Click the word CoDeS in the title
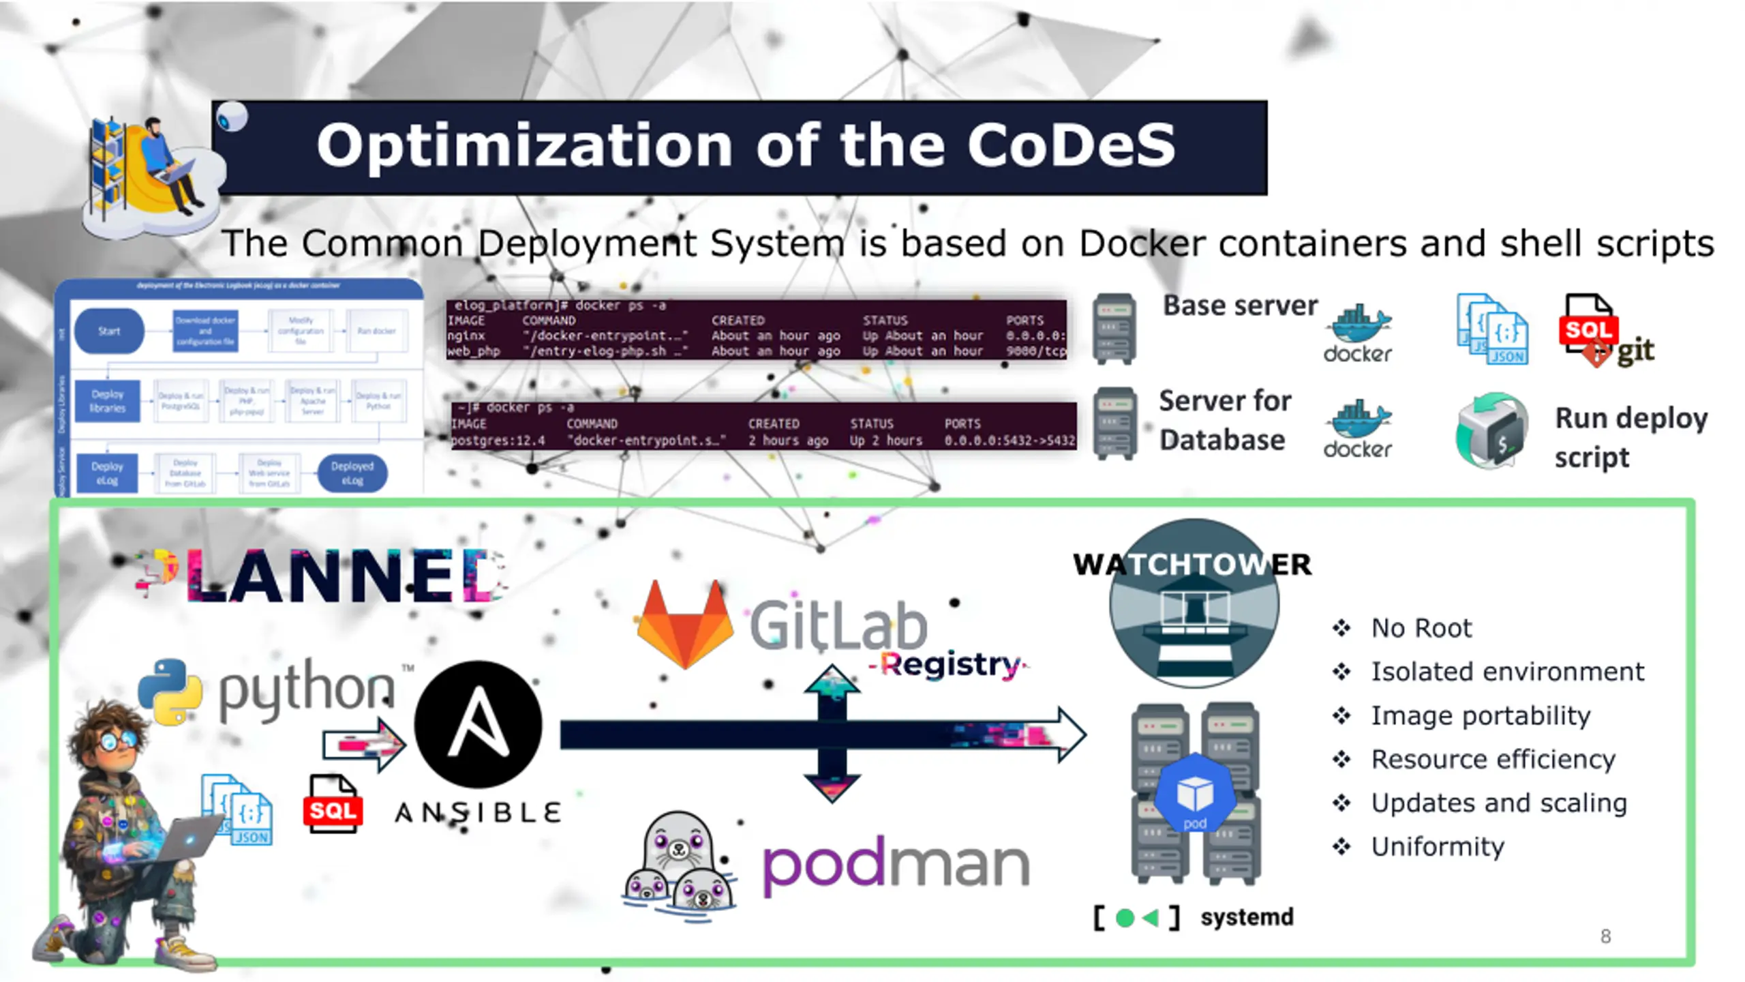pos(1071,145)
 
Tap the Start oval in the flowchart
pos(109,331)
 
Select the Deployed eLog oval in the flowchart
pos(352,473)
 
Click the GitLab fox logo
pos(684,623)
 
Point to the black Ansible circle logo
pos(479,724)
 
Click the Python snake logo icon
pos(170,691)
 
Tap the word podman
pos(896,865)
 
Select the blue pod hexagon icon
pos(1195,794)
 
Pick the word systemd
pos(1247,917)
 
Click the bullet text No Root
pos(1421,628)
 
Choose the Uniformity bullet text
pos(1438,847)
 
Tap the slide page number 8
pos(1605,936)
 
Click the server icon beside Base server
pos(1114,329)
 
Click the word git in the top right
pos(1635,351)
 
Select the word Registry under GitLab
pos(950,664)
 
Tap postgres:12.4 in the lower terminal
pos(498,441)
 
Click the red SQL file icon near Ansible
pos(333,805)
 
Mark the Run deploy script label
pos(1630,437)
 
